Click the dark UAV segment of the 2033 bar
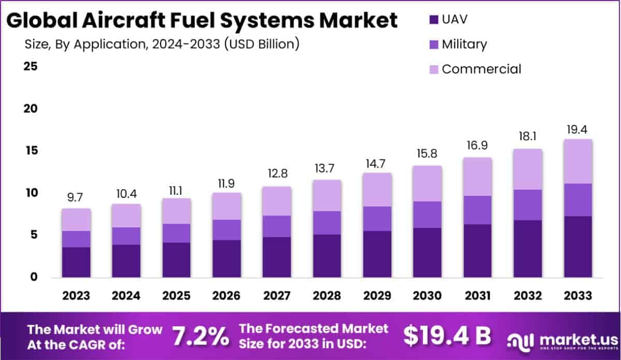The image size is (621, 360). click(578, 247)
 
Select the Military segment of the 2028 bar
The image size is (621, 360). click(327, 223)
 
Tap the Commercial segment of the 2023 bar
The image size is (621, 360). click(76, 220)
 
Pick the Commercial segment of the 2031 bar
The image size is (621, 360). click(477, 177)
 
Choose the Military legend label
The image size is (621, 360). click(464, 44)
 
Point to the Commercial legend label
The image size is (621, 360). click(482, 69)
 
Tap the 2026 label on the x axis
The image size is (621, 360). click(227, 296)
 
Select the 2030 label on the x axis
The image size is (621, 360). click(427, 296)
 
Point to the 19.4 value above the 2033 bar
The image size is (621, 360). click(578, 129)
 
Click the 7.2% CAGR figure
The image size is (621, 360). click(201, 336)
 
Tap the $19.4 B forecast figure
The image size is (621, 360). click(447, 336)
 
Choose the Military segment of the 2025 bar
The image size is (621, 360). click(177, 233)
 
